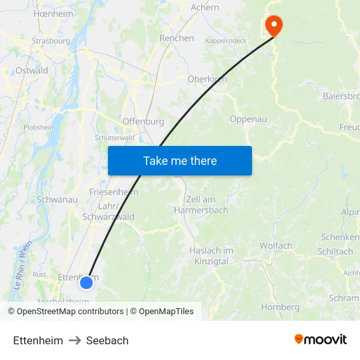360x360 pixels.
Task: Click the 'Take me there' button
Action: [x=180, y=160]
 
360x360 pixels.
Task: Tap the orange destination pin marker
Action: [x=273, y=26]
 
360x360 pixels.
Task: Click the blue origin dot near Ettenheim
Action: [x=86, y=283]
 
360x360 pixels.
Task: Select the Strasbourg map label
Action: [x=51, y=41]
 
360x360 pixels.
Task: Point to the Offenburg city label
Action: [x=143, y=122]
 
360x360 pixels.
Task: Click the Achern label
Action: [x=205, y=8]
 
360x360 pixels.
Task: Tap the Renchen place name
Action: [x=177, y=39]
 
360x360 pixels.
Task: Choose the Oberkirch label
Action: [x=207, y=79]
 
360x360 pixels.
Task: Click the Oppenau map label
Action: [x=249, y=119]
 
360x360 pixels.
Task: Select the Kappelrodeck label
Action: [x=226, y=41]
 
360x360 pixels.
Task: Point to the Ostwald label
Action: [x=31, y=71]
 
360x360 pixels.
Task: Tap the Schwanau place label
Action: [x=58, y=199]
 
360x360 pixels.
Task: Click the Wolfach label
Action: [x=276, y=246]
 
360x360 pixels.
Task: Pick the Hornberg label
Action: [x=280, y=307]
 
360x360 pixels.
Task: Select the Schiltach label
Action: [x=334, y=251]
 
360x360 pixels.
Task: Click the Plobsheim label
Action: [x=40, y=128]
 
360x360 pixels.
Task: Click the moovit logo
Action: [x=320, y=340]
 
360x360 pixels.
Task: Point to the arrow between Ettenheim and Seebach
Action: [x=75, y=340]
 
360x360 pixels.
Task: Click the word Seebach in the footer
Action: [x=107, y=340]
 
